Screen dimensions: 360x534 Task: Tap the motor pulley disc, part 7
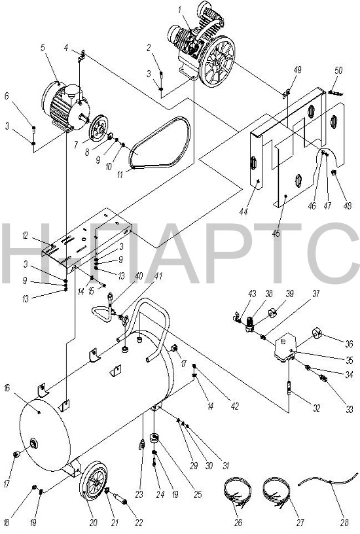[x=98, y=128]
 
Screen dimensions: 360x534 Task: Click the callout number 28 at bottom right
[x=344, y=522]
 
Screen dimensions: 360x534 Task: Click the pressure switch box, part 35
[x=285, y=347]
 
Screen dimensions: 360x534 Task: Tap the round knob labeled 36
[x=317, y=332]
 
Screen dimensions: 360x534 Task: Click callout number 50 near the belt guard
[x=338, y=71]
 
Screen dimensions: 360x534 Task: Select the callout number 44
[x=243, y=211]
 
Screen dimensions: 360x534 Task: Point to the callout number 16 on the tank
[x=7, y=388]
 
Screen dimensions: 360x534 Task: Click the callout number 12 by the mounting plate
[x=25, y=236]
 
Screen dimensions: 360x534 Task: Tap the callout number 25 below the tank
[x=198, y=494]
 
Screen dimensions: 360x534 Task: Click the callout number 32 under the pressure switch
[x=316, y=408]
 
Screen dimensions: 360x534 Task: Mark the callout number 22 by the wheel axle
[x=139, y=522]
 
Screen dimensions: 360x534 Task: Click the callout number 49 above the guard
[x=297, y=70]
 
